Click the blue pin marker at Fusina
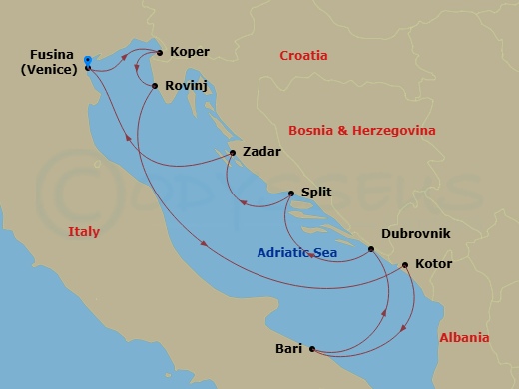(x=88, y=61)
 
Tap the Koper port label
(x=189, y=52)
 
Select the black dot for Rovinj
(x=155, y=86)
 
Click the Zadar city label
(x=261, y=152)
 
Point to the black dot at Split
(x=291, y=194)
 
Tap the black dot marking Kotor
(x=404, y=265)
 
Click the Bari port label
(x=288, y=349)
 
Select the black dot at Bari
(x=312, y=349)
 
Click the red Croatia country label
(x=304, y=56)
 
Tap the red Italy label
(x=84, y=231)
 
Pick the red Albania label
(x=464, y=338)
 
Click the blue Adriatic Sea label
(x=296, y=253)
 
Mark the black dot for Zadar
(x=233, y=153)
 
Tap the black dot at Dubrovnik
(x=371, y=249)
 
